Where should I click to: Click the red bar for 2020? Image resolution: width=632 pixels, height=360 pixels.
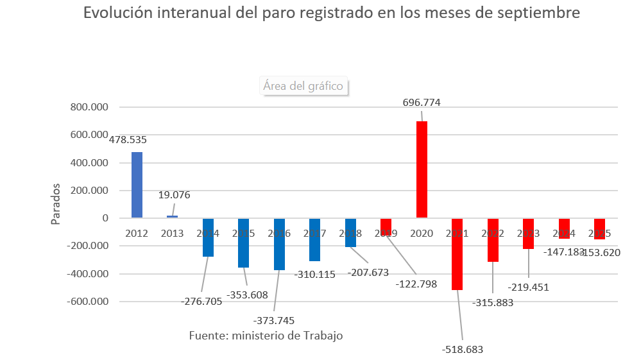[422, 169]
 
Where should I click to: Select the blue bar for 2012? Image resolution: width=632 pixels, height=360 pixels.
[137, 185]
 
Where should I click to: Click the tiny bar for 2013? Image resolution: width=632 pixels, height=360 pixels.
[172, 217]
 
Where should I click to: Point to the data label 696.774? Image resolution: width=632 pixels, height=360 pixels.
[422, 102]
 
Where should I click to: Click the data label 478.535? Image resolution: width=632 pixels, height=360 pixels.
[128, 139]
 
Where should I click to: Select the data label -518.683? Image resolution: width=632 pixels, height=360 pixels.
[463, 349]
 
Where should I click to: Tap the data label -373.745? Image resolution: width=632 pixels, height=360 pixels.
[274, 320]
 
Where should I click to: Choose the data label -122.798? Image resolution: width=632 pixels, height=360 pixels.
[416, 284]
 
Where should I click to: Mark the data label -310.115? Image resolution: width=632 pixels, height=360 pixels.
[315, 274]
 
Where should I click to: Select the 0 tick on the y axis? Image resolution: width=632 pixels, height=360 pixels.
[105, 218]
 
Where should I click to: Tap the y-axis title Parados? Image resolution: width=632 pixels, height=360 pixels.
[56, 204]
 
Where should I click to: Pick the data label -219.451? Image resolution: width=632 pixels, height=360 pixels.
[529, 287]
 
